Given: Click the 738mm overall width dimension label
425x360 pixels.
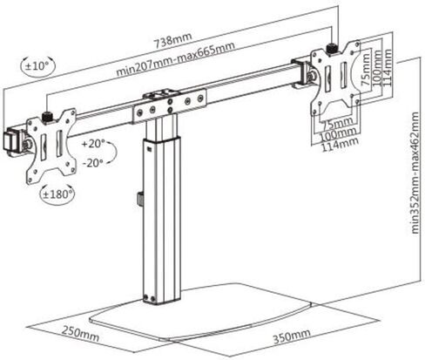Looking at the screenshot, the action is pos(172,40).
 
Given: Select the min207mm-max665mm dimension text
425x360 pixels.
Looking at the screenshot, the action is pos(175,59).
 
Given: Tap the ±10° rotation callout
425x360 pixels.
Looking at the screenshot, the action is pos(37,66).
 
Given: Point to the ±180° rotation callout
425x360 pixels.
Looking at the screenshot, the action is pos(57,194).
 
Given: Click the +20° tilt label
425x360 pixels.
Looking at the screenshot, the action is pos(93,143).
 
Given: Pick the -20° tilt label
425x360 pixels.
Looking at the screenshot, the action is pos(93,163).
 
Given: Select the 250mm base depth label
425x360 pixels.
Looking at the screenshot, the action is pos(80,334).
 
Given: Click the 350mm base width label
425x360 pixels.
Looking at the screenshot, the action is pos(292,336).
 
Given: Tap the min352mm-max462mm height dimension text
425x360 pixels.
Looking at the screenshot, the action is pos(415,173).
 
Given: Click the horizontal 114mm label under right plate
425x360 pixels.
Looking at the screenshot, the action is pos(340,145).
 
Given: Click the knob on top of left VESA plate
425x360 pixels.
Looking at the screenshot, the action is pos(47,118).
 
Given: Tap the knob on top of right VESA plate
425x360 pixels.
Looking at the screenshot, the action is pos(332,49).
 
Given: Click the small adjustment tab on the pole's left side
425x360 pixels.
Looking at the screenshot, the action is pos(140,199).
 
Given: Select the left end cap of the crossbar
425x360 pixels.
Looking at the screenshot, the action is pos(12,141).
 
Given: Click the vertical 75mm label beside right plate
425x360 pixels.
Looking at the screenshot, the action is pos(366,70).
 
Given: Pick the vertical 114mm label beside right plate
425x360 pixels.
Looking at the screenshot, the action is pos(387,67).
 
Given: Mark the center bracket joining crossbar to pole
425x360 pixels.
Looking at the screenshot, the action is pos(170,105).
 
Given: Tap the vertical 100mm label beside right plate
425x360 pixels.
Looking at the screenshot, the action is pos(376,68).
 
